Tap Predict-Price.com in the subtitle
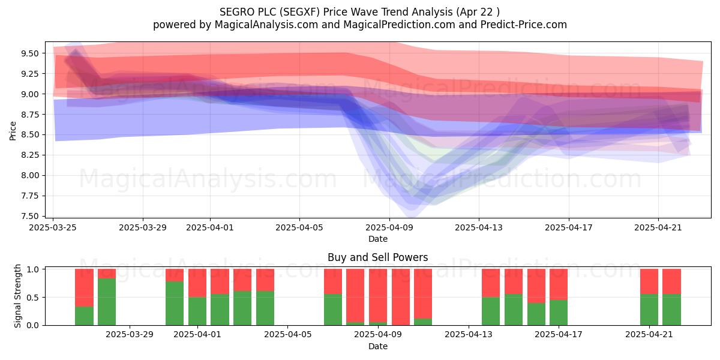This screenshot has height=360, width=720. point(524,25)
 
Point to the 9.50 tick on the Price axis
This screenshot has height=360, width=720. point(30,53)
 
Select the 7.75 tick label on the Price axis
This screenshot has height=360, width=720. point(30,196)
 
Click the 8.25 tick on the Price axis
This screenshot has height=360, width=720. point(30,155)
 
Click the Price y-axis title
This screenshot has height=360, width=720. point(13,131)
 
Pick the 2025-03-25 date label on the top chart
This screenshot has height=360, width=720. point(53,227)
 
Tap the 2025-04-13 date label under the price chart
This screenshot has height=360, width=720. point(479,227)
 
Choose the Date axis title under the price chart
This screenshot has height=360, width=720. point(377,239)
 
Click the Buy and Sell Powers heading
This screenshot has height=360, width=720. point(377,257)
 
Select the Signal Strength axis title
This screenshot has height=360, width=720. point(17,296)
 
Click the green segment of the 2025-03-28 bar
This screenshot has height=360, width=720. point(107,302)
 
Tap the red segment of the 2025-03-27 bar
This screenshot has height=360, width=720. point(84,287)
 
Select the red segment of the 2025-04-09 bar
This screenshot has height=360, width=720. point(378,296)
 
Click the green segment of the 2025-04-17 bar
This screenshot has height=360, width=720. point(559,313)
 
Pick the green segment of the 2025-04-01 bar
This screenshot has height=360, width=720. point(197,311)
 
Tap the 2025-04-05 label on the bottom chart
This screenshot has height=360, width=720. point(287,335)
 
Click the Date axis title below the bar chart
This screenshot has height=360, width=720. point(377,346)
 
